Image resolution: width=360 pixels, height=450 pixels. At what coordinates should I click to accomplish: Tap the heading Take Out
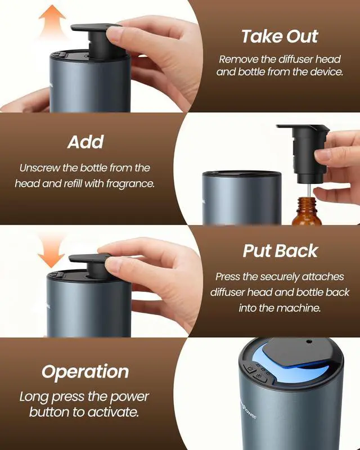point(280,37)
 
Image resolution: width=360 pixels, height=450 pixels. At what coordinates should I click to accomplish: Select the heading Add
point(85,142)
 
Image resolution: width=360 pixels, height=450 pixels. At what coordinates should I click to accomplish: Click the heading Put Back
point(280,251)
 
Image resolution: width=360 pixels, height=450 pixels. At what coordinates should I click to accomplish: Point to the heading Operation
point(85,372)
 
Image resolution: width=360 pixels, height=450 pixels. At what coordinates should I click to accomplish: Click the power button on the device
point(248,369)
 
